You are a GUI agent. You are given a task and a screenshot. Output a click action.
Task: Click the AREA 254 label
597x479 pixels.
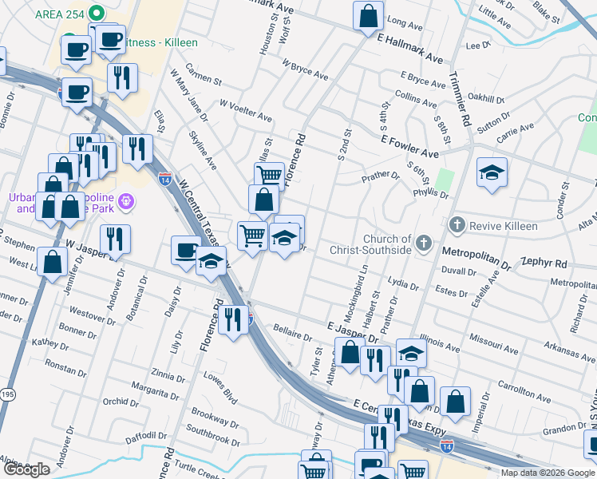(x=61, y=14)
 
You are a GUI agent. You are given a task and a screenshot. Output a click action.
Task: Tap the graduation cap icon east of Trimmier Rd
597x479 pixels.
(x=492, y=172)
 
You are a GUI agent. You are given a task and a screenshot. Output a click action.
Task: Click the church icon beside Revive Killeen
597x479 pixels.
(x=457, y=226)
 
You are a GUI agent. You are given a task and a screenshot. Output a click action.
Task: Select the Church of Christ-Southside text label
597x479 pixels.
(x=387, y=244)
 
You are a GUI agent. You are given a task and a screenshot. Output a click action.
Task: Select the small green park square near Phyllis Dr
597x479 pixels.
(x=445, y=180)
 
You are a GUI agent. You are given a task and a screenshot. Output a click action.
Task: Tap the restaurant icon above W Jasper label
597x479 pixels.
(x=116, y=238)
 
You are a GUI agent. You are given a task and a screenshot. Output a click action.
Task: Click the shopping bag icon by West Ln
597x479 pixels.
(x=53, y=262)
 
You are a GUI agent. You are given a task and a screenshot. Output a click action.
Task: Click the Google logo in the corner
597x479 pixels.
(x=26, y=469)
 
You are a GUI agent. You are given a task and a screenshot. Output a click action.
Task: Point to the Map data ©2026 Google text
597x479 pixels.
(x=548, y=473)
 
